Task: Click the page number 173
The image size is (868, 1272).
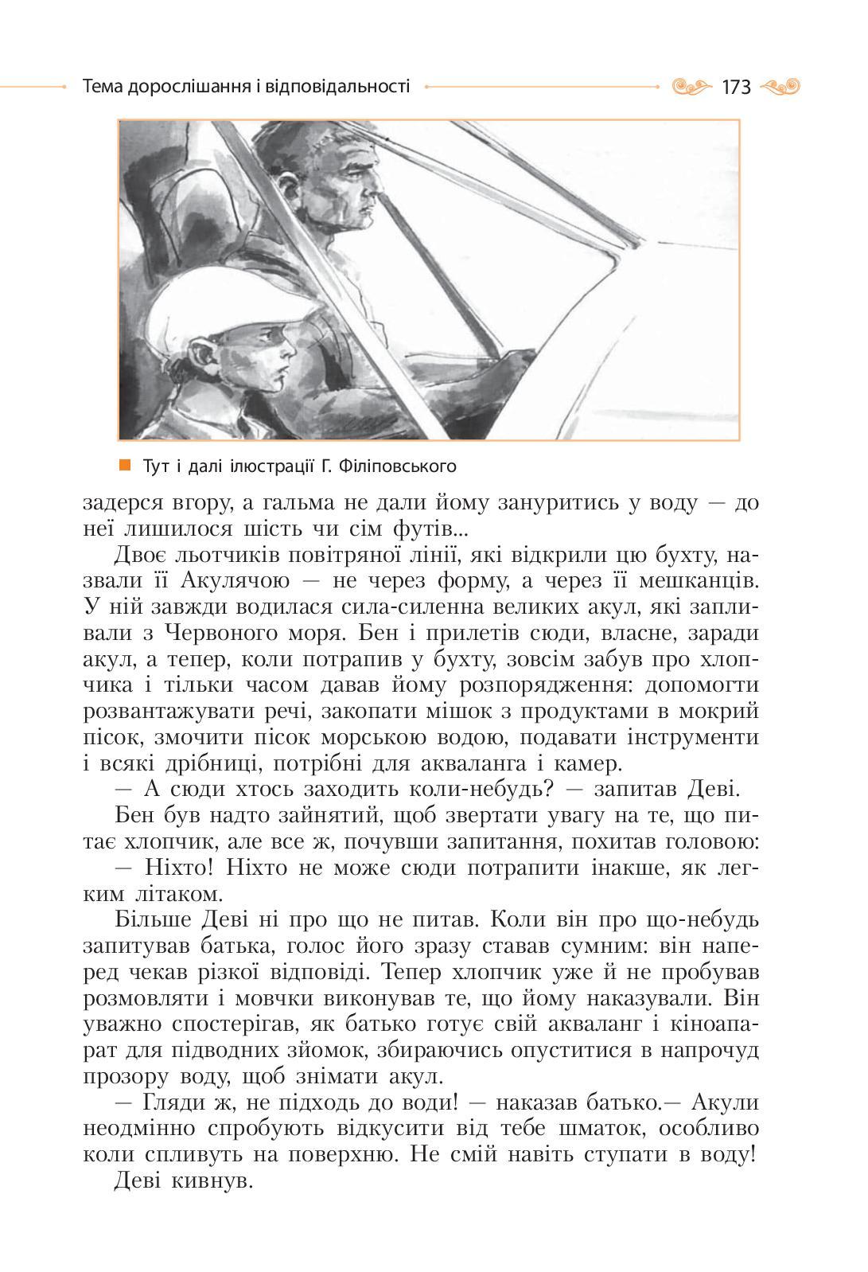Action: pos(736,87)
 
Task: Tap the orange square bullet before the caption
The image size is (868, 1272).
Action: pos(124,464)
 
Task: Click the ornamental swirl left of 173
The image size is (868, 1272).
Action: pos(691,86)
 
